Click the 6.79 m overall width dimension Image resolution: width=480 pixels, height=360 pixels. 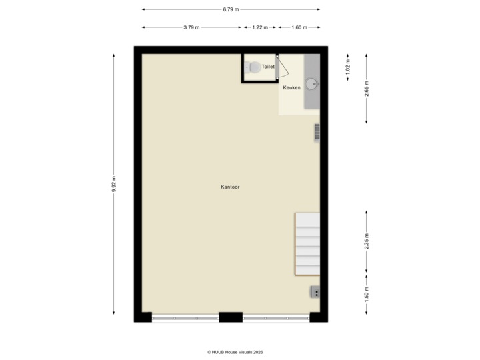[231, 9]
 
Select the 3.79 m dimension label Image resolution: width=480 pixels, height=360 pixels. [191, 27]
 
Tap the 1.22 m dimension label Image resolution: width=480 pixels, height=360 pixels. [260, 27]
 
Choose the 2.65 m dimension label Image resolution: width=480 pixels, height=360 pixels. [367, 88]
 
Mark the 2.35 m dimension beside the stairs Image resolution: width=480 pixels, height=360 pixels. [367, 241]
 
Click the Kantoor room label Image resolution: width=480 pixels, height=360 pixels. [230, 187]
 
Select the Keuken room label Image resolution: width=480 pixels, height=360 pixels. [291, 87]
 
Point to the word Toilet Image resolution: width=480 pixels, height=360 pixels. [268, 67]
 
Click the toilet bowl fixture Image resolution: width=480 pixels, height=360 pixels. [253, 67]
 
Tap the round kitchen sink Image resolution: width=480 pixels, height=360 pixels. [311, 85]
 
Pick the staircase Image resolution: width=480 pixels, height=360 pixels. [307, 244]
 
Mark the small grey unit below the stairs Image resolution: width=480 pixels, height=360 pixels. [314, 291]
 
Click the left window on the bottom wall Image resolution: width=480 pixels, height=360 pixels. [185, 317]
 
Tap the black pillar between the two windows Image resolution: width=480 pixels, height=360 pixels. [231, 317]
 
